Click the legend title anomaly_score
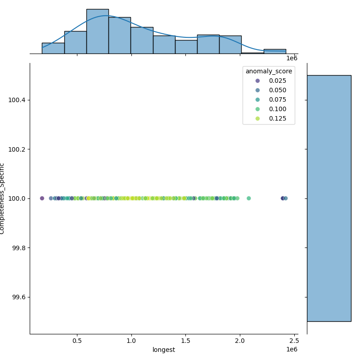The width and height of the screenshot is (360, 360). click(269, 71)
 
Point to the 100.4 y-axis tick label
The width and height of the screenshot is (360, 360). click(17, 99)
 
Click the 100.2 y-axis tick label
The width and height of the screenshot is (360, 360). click(17, 149)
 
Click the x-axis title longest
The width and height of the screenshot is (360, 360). click(164, 350)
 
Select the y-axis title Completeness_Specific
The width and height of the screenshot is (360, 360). click(3, 198)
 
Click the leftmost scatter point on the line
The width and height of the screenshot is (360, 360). click(42, 198)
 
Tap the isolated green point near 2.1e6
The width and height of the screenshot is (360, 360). click(248, 198)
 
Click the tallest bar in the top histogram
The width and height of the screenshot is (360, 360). click(97, 31)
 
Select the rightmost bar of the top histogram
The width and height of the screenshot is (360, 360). click(274, 51)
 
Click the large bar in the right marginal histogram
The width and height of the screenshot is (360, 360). click(329, 198)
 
